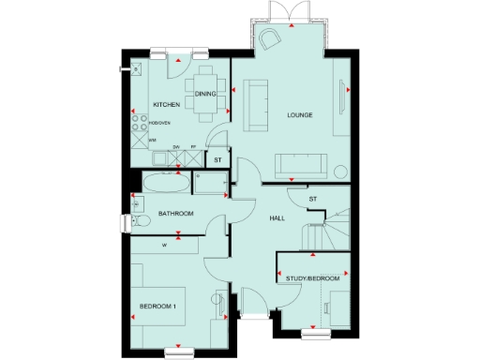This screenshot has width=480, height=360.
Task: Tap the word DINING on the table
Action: point(206,94)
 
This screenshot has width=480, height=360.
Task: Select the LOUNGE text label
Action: point(299,115)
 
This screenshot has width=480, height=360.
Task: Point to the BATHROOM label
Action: point(175,214)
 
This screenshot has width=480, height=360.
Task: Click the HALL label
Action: point(277,217)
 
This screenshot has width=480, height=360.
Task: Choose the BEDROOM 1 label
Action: point(158,307)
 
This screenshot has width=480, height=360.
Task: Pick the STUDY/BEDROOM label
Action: point(313,279)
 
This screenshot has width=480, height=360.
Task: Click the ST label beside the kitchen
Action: point(217,160)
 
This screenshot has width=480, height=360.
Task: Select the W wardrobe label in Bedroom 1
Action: point(164,247)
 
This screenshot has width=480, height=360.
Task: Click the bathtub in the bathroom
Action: point(165,183)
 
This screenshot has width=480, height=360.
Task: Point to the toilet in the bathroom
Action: point(139,221)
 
